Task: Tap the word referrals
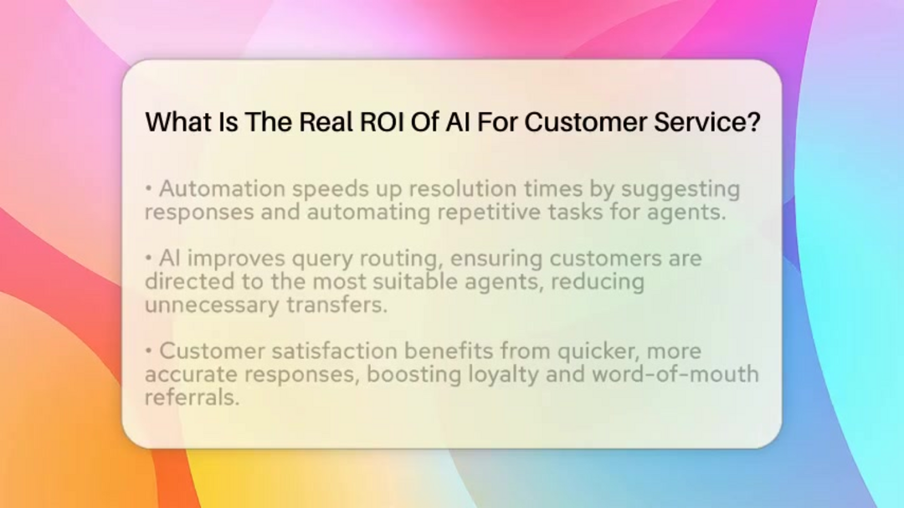[x=192, y=397]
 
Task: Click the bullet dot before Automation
[x=149, y=188]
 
